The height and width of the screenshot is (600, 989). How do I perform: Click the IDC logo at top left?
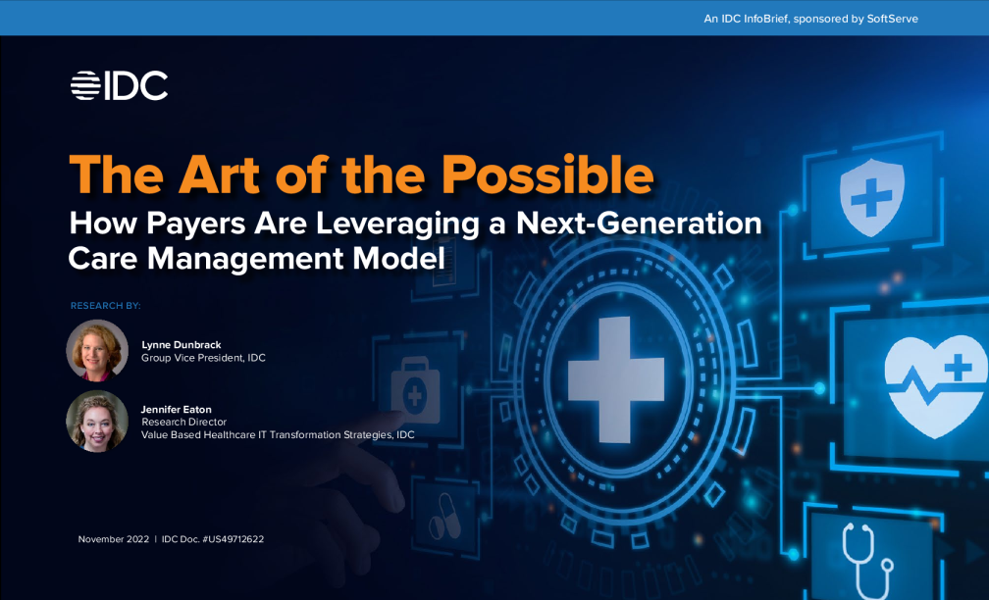coord(120,85)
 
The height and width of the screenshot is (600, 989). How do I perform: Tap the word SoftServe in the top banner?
coord(892,19)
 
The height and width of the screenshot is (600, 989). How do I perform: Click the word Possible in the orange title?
coord(547,175)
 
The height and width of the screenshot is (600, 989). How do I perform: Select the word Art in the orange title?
coord(219,175)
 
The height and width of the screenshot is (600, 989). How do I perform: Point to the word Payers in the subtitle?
coord(196,224)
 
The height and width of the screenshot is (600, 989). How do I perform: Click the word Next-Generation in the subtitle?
coord(639,224)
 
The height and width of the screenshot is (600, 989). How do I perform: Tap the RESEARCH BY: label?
coord(105,306)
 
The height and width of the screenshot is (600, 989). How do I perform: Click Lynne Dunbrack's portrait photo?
coord(97,350)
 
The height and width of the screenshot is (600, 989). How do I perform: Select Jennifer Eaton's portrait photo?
coord(97,421)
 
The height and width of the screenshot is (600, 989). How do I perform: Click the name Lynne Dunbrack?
coord(181,345)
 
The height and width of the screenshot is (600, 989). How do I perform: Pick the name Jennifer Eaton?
coord(176,410)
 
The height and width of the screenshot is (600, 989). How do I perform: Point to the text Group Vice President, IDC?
coord(203,357)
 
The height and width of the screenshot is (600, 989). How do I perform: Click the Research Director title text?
coord(183,422)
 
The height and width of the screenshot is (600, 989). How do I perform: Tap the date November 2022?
coord(114,539)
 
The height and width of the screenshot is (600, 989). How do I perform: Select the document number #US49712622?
coord(233,539)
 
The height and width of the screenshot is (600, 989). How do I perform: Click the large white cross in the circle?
coord(616,379)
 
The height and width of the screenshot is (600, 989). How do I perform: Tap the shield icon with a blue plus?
coord(871,197)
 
